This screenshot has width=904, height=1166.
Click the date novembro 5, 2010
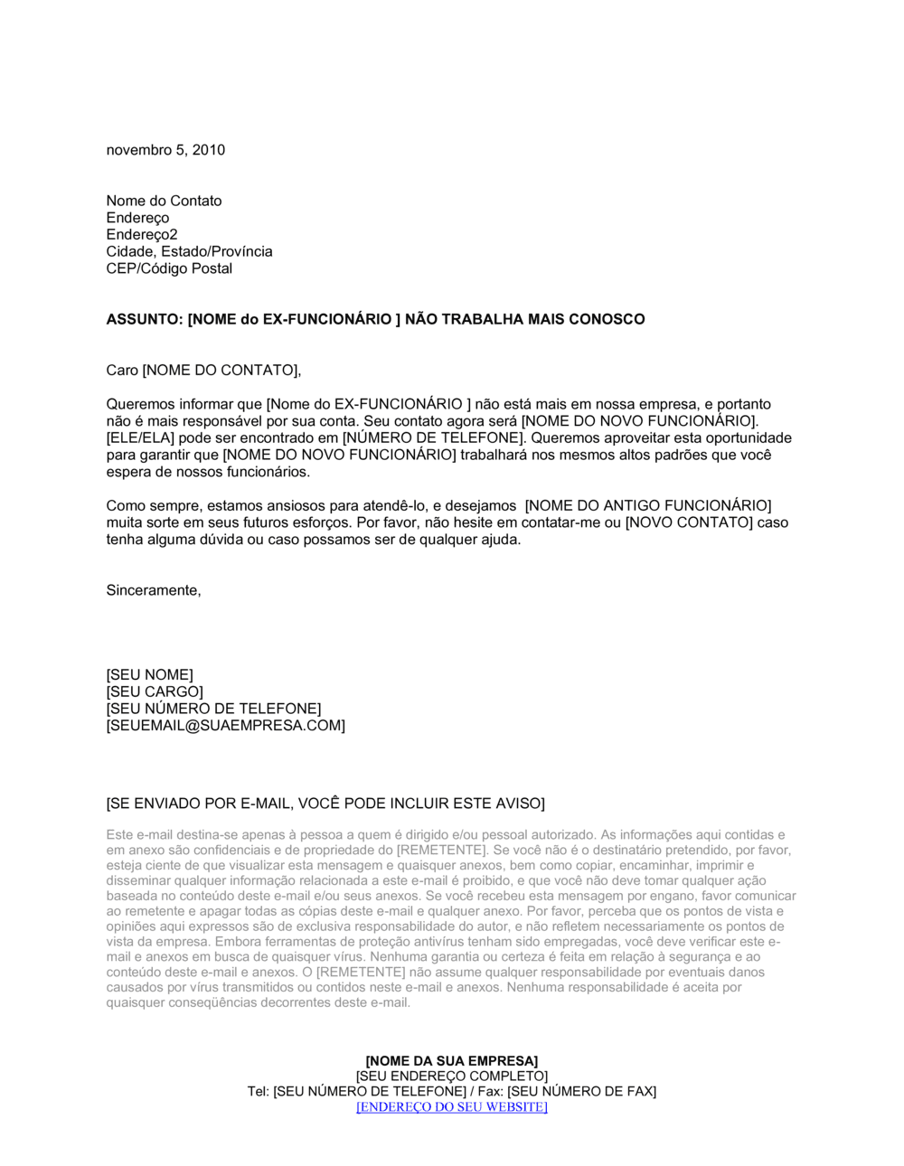pos(165,150)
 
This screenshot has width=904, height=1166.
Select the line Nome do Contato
pos(164,201)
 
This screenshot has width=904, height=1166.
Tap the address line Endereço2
pos(142,235)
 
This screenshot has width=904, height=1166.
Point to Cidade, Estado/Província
pos(189,251)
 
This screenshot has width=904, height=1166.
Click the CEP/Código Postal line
pos(169,268)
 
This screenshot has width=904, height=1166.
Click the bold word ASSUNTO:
pos(145,319)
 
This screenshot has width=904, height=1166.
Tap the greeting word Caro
pos(122,370)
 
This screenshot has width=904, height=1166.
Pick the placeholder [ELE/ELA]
pos(140,438)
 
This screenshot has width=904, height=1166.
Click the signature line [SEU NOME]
pos(149,675)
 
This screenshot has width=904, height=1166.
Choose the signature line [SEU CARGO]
pos(155,692)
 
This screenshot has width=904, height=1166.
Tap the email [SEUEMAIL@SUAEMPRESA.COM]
pos(225,726)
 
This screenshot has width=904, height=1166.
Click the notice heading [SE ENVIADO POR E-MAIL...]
pos(325,804)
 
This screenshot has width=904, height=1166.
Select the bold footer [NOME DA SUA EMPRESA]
pos(451,1061)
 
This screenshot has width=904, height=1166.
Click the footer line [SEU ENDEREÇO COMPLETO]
pos(451,1077)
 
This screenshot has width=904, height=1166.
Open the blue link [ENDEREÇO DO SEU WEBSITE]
pos(451,1107)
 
